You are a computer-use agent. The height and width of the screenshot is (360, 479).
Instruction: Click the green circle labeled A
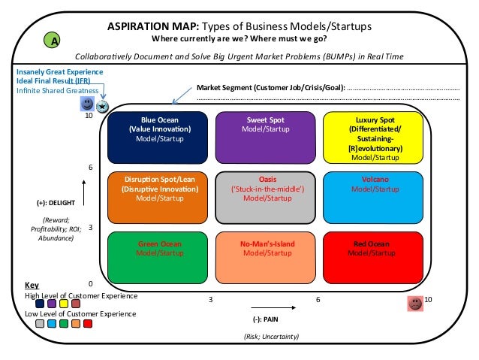53,41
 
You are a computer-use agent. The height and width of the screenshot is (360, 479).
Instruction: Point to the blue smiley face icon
88,103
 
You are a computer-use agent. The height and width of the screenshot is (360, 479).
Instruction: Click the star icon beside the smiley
102,107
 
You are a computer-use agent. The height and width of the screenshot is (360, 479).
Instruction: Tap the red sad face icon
414,304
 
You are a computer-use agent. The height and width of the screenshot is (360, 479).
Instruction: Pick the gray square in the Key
40,324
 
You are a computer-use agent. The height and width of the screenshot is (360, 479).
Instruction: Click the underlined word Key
32,286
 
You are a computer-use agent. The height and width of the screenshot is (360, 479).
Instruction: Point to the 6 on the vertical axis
91,167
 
